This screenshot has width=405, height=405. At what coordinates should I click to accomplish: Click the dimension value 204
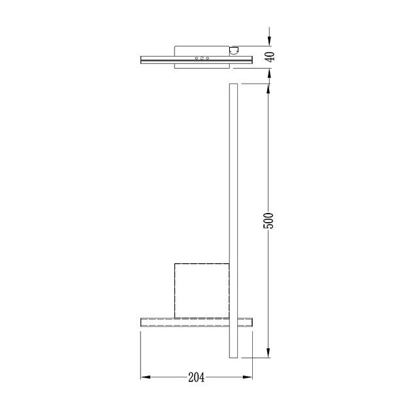[x=197, y=378]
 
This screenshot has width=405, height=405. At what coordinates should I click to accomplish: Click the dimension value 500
[x=268, y=221]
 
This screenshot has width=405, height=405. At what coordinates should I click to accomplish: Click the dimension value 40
[x=270, y=57]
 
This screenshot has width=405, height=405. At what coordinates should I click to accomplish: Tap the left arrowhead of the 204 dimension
[x=146, y=378]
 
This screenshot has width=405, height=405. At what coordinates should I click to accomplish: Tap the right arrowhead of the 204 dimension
[x=248, y=378]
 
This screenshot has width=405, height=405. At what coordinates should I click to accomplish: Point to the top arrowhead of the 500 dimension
[x=268, y=88]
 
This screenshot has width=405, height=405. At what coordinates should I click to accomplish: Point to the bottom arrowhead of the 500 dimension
[x=268, y=353]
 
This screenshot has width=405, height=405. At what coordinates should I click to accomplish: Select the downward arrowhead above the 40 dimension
[x=269, y=41]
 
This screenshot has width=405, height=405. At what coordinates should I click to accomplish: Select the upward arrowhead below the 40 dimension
[x=269, y=73]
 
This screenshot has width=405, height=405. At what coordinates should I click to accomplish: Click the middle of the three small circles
[x=202, y=58]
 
